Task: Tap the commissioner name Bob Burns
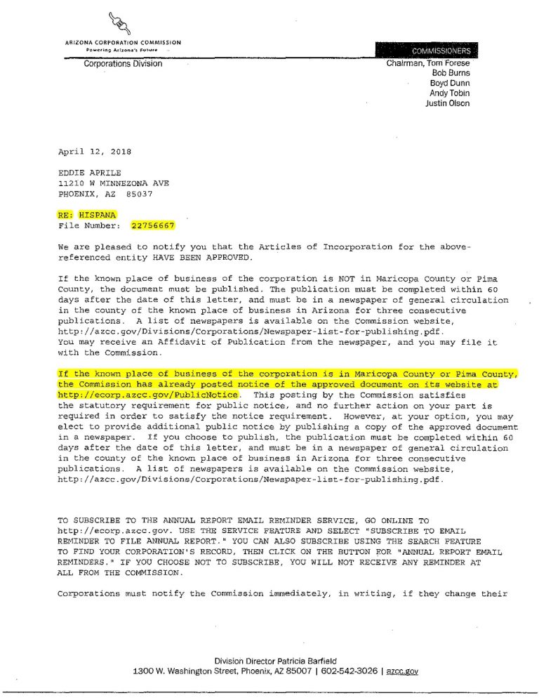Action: (451, 73)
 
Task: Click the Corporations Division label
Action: (123, 64)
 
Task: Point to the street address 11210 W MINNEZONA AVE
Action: (114, 183)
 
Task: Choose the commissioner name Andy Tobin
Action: (449, 93)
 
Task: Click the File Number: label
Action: (89, 225)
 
